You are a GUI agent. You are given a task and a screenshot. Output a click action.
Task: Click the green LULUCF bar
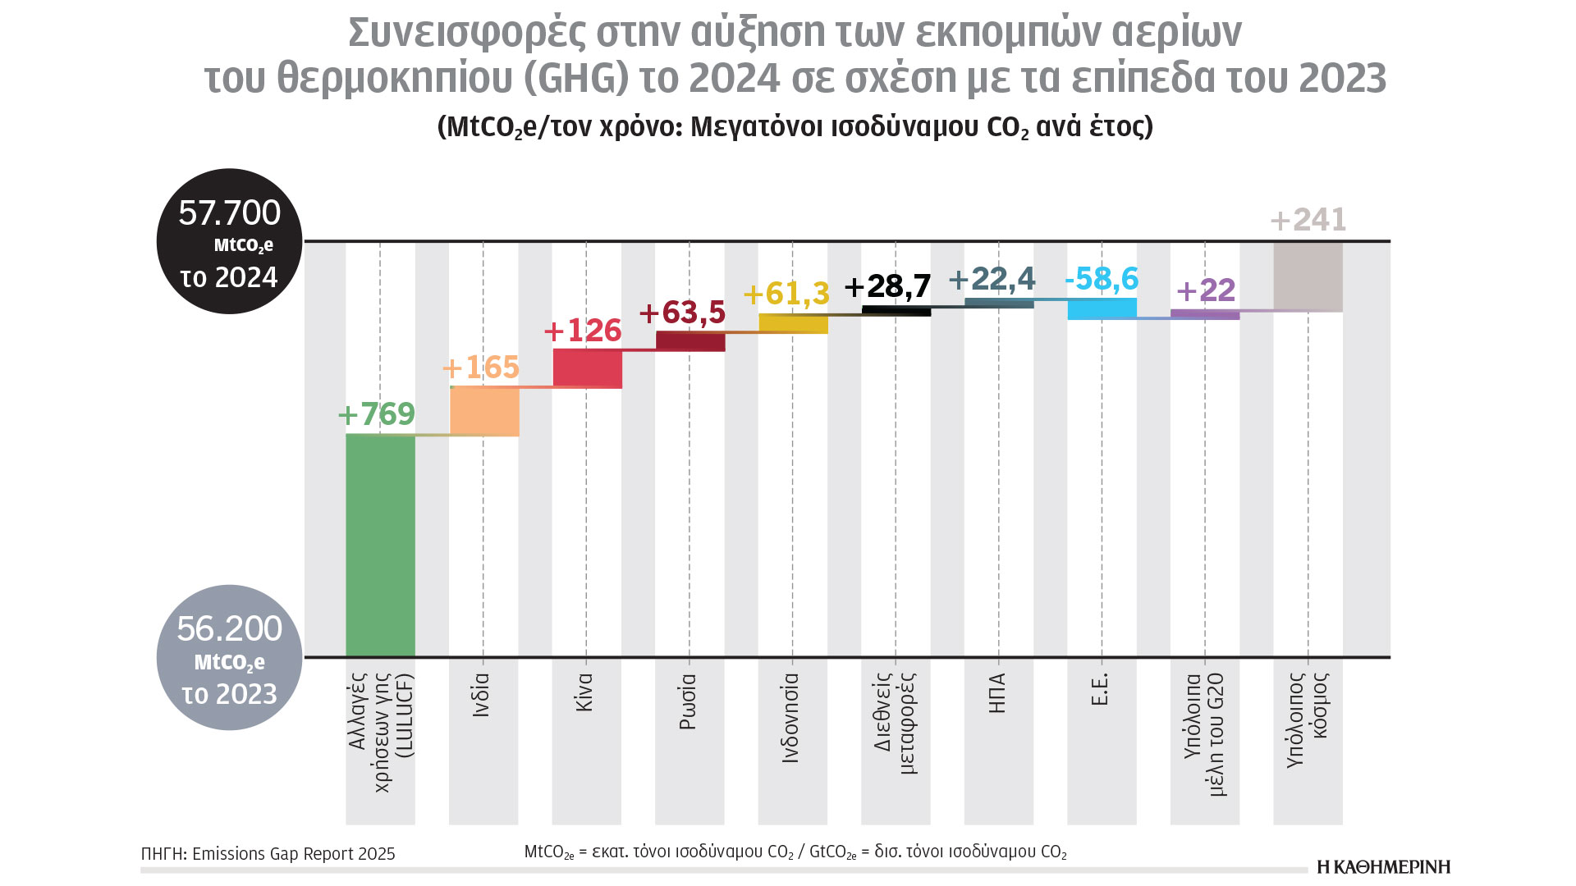(x=380, y=545)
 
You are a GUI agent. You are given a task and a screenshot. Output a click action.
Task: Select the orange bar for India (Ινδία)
(x=484, y=411)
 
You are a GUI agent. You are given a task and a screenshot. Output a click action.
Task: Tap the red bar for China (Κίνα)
(x=588, y=368)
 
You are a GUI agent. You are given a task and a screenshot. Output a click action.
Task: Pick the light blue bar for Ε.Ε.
(x=1102, y=308)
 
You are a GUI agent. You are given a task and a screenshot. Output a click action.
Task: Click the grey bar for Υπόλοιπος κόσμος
(x=1308, y=276)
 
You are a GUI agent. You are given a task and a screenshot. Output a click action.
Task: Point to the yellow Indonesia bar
(x=793, y=323)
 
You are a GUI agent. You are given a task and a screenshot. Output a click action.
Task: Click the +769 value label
(x=377, y=414)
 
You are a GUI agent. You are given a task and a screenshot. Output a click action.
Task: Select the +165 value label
(x=481, y=368)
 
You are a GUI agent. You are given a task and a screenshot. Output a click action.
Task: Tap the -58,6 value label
(x=1102, y=279)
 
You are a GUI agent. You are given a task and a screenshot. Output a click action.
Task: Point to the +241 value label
(x=1308, y=220)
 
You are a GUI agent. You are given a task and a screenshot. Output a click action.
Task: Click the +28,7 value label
(x=888, y=286)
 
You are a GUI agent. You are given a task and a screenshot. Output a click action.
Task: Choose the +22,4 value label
(x=992, y=280)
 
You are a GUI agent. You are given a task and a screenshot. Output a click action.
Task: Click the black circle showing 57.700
(x=230, y=241)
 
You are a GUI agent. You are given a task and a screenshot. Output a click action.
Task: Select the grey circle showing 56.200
(x=230, y=657)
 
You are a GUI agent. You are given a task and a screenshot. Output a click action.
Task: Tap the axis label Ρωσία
(x=688, y=702)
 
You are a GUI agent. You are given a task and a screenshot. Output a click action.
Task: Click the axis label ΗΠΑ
(x=997, y=694)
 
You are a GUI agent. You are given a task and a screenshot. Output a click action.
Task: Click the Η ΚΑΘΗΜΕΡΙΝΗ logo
(x=1384, y=867)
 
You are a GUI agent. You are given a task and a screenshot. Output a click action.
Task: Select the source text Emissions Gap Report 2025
(x=294, y=854)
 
